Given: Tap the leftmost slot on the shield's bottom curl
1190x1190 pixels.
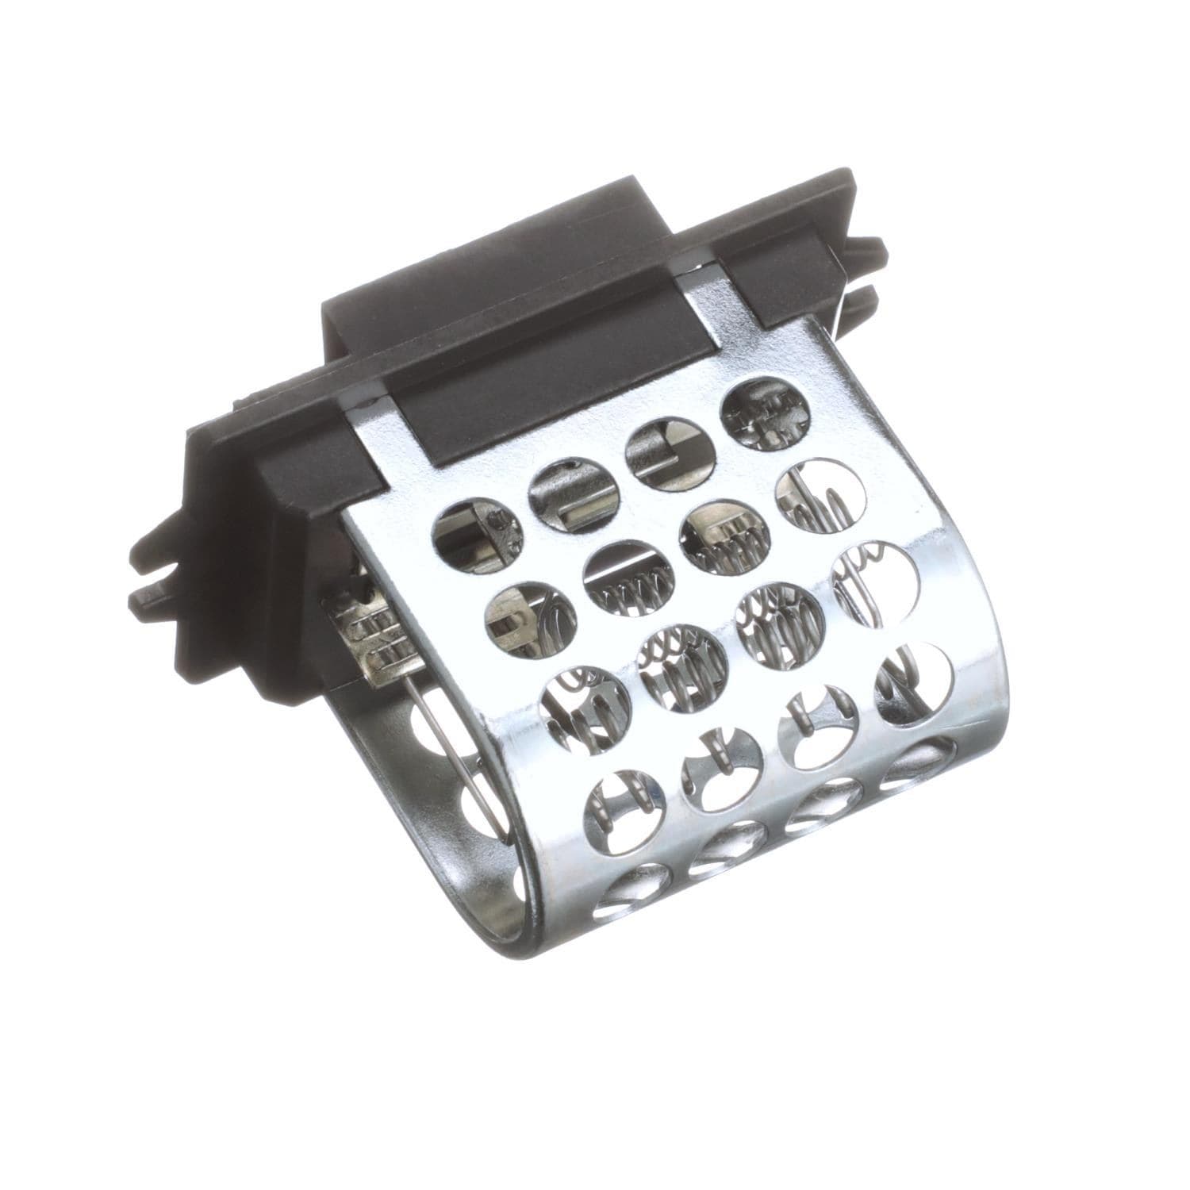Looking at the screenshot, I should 635,889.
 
